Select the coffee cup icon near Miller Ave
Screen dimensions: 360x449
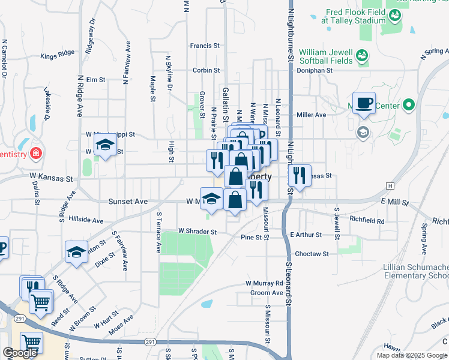[x=364, y=103]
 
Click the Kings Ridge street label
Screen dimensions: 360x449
[x=58, y=55]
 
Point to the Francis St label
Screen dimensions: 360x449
[x=205, y=46]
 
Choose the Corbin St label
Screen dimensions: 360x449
[x=206, y=70]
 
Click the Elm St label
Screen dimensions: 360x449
[x=95, y=79]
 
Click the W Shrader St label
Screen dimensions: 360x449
[x=197, y=231]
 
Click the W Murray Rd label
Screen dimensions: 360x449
[x=264, y=283]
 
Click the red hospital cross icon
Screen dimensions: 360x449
[x=36, y=153]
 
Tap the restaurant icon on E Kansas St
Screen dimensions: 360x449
[x=299, y=176]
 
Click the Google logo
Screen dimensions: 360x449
[x=20, y=353]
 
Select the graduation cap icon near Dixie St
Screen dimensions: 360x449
[x=77, y=253]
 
